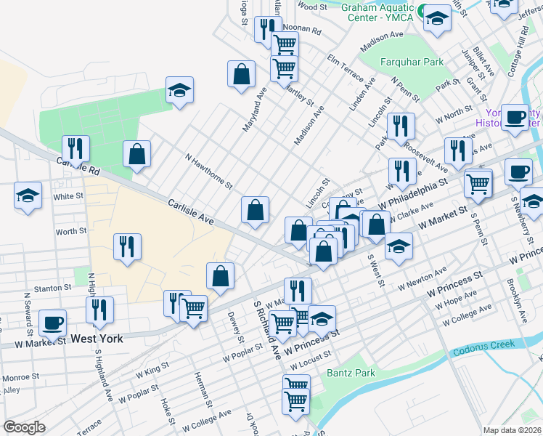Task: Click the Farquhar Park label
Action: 412,62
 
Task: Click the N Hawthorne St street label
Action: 208,170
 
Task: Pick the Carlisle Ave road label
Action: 191,213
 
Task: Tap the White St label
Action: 69,197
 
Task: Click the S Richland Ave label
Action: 266,331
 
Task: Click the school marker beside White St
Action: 28,195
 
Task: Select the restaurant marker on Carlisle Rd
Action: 75,148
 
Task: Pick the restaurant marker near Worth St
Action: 127,246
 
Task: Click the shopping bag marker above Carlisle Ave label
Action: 255,210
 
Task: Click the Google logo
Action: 24,427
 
